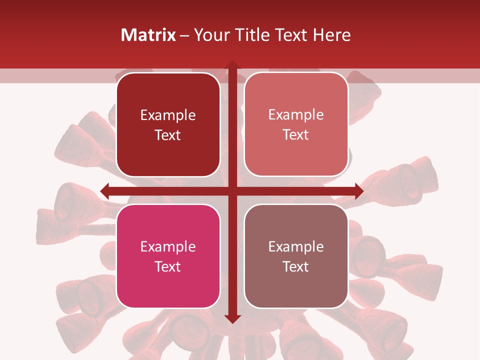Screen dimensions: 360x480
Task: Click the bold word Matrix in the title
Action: click(x=148, y=35)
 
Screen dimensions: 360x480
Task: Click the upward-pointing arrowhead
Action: click(x=232, y=65)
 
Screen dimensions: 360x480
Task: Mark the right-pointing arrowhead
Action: click(x=358, y=191)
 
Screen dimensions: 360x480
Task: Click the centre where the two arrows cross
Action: click(x=232, y=191)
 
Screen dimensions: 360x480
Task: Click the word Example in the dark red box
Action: click(x=168, y=115)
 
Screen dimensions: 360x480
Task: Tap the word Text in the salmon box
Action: click(x=296, y=135)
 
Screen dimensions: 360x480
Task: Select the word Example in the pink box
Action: click(x=168, y=247)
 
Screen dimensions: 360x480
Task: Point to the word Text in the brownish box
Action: click(x=296, y=266)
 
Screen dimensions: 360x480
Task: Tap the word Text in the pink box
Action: click(x=168, y=266)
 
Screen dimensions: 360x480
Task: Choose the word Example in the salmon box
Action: click(x=296, y=115)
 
